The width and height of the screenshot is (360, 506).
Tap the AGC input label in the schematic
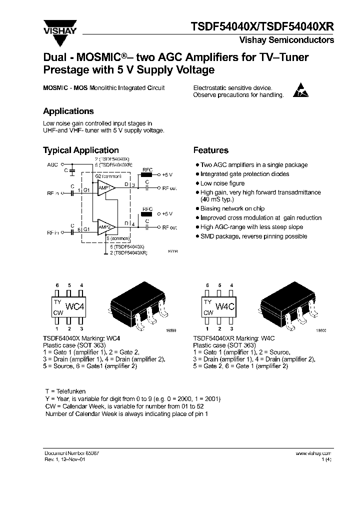[x=52, y=164]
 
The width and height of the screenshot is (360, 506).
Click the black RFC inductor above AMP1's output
[x=147, y=174]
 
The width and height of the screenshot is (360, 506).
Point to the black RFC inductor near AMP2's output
[x=147, y=213]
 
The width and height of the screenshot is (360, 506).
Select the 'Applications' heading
[x=68, y=111]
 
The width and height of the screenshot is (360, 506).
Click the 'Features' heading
[x=211, y=150]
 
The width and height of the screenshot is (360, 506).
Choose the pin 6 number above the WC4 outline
[x=57, y=285]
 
